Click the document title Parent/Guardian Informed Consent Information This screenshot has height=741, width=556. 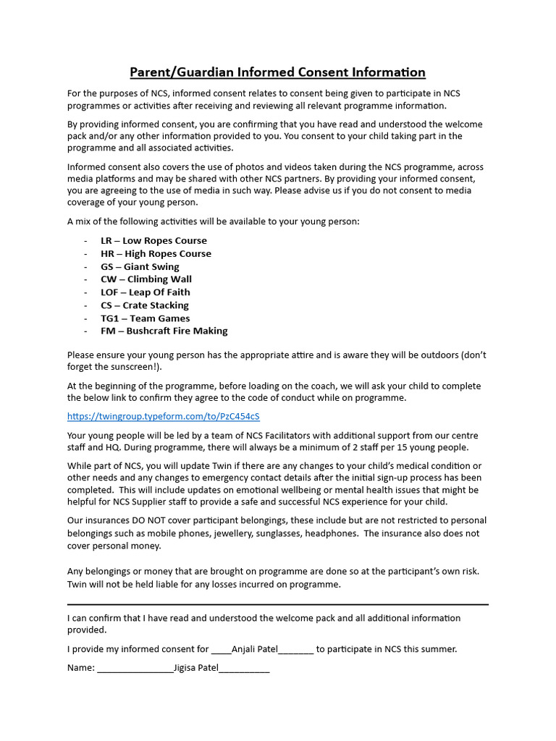pos(277,72)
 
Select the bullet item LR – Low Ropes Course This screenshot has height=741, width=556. pos(153,241)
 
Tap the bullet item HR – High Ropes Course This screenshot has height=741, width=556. pos(156,254)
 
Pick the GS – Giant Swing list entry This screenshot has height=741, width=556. pos(140,267)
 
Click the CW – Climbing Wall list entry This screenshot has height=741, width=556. pos(146,279)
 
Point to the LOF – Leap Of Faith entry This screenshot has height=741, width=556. pos(145,292)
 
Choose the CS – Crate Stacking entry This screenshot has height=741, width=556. pos(144,305)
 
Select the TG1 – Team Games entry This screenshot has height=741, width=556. pos(145,318)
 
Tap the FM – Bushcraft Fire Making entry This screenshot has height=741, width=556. pos(164,331)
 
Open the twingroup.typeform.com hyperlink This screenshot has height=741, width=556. pos(163,417)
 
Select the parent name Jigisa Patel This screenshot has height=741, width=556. pos(195,668)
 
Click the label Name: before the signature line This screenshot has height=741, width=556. pos(81,668)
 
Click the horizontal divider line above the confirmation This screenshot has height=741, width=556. pos(277,604)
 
